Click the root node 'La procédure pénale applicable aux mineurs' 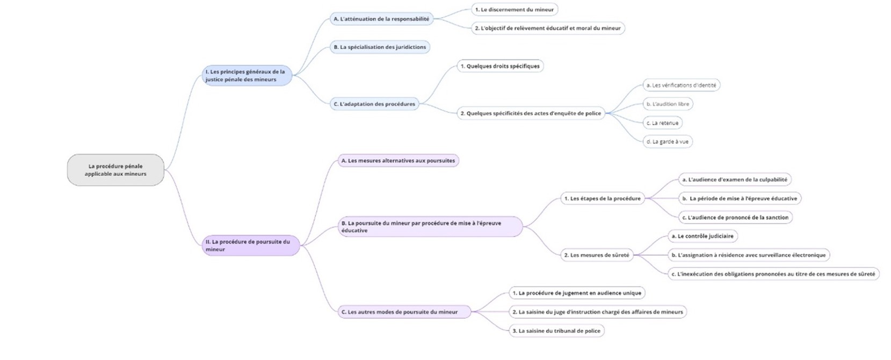pos(115,170)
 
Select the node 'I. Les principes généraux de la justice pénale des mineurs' pos(247,76)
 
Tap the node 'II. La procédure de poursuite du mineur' pos(250,246)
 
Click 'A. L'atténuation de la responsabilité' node pos(381,19)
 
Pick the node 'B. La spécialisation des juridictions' pos(380,47)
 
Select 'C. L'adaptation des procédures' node pos(374,104)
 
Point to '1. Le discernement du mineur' pos(514,10)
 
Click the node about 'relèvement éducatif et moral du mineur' pos(547,28)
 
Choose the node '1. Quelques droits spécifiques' pos(499,66)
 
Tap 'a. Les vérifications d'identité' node pos(681,85)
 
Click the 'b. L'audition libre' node pos(668,104)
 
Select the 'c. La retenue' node pos(662,123)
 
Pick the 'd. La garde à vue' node pos(667,142)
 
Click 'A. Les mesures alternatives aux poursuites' pos(398,161)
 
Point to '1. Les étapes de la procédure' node pos(602,199)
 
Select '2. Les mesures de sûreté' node pos(596,255)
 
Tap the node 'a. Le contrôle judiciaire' pos(702,236)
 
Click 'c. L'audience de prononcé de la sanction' pos(735,218)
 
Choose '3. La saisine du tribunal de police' pos(556,331)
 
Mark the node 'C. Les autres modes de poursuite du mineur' pos(400,312)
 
